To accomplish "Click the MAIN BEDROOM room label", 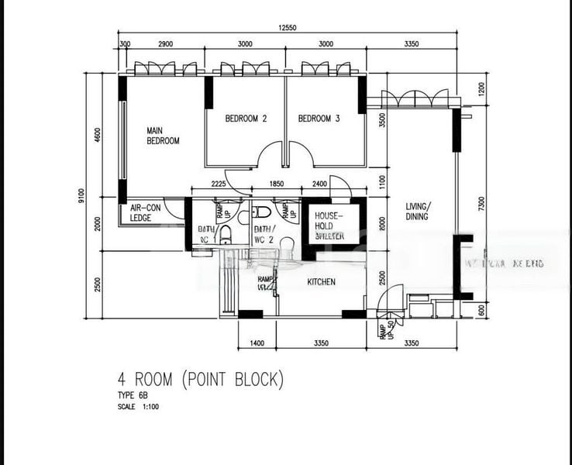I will click(163, 136).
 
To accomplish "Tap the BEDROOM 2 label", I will click(246, 119).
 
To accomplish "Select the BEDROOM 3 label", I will click(319, 119).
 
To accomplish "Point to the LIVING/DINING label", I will click(420, 212).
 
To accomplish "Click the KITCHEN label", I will click(322, 282).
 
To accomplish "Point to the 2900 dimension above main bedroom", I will click(164, 44).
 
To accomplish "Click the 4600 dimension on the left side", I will click(97, 133).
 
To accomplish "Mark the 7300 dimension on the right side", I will click(481, 204).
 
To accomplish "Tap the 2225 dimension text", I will click(218, 184).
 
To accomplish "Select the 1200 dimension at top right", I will click(481, 89).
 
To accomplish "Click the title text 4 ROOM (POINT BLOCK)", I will click(201, 380).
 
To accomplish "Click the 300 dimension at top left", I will click(125, 44).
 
